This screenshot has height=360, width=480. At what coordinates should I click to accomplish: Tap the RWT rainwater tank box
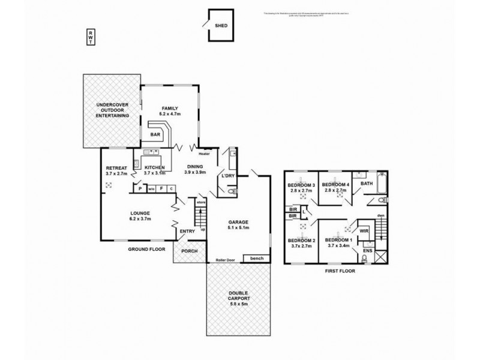click(90, 37)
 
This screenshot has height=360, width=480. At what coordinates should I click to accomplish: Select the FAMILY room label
click(170, 107)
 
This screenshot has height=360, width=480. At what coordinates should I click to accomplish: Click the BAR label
click(155, 134)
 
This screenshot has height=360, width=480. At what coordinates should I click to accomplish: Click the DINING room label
click(195, 167)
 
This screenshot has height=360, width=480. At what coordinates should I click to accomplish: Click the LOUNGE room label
click(139, 214)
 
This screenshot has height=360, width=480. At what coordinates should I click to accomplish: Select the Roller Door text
click(225, 260)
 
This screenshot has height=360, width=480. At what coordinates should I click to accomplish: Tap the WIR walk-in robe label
click(364, 230)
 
